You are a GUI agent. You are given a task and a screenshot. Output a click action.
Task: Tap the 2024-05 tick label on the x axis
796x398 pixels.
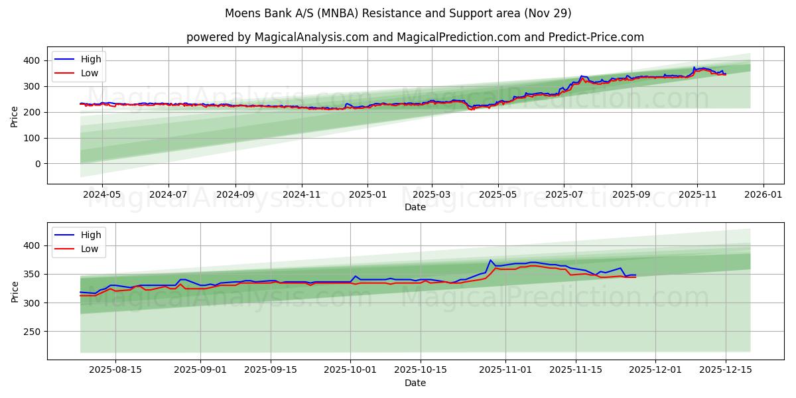(101, 196)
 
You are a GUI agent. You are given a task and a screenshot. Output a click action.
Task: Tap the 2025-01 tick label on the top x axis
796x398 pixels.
(367, 196)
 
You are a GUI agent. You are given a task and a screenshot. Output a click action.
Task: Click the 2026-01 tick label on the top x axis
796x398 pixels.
(763, 196)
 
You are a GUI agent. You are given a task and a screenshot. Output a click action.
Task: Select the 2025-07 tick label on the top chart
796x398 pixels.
(564, 196)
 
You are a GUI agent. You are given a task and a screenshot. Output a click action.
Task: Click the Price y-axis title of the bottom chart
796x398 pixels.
(15, 291)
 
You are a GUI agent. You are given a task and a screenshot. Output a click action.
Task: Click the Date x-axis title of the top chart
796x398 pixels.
(415, 207)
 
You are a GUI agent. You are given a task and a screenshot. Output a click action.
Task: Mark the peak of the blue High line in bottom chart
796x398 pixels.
(490, 260)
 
